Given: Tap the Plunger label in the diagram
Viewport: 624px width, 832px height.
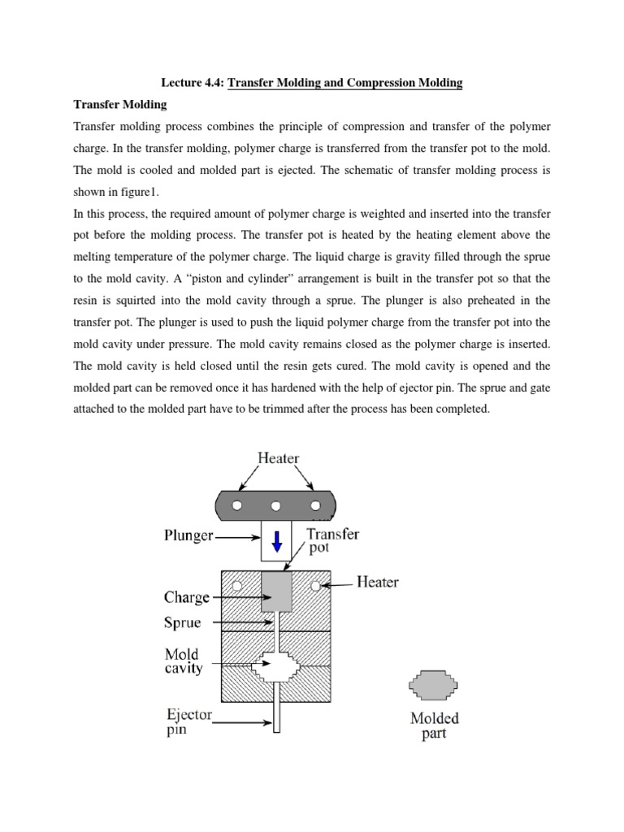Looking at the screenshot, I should click(x=188, y=536).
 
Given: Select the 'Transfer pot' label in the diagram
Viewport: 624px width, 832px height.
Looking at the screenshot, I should click(x=332, y=541).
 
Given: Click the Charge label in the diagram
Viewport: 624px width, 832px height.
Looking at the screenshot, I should click(x=187, y=597).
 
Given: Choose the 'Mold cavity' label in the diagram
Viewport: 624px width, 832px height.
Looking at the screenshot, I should click(x=183, y=661).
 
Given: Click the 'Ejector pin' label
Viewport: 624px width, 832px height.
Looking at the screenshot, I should click(x=188, y=722).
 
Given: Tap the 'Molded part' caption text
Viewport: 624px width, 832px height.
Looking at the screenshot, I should click(x=434, y=726).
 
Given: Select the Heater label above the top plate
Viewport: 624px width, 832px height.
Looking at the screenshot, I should click(x=278, y=458).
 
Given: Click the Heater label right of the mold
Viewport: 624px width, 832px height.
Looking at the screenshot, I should click(x=378, y=583).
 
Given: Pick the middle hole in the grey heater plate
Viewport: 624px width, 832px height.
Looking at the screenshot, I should click(x=276, y=505).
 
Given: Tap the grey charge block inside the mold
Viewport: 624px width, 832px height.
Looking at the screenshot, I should click(x=276, y=591).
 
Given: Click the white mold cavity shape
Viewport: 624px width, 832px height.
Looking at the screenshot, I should click(x=276, y=669).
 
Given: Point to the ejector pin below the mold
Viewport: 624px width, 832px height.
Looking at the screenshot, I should click(x=277, y=715).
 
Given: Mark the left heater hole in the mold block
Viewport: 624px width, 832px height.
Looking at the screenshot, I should click(x=236, y=585).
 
